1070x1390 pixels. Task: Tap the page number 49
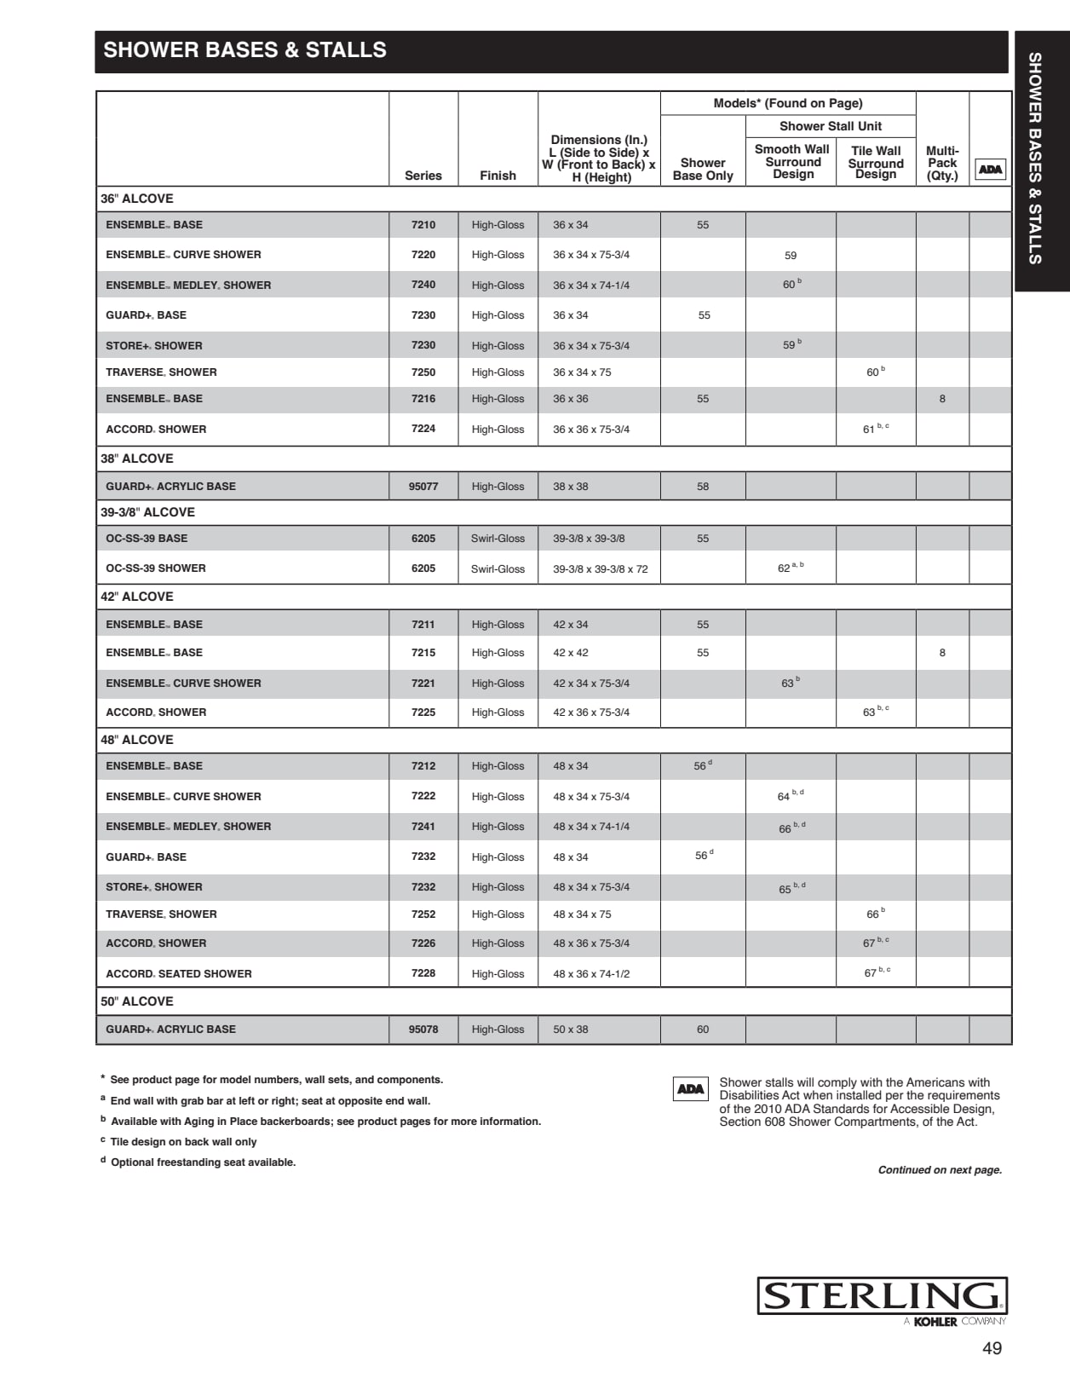tap(992, 1348)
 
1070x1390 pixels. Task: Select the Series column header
tap(423, 176)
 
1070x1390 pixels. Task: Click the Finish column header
tap(498, 176)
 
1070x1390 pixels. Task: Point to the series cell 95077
tap(423, 487)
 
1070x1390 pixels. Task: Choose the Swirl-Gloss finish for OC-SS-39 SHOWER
tap(498, 568)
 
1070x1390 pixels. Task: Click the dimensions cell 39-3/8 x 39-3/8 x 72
tap(600, 568)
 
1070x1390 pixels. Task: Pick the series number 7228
tap(423, 973)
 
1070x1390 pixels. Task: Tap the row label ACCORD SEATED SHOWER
tap(179, 973)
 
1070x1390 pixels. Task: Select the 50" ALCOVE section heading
tap(137, 1001)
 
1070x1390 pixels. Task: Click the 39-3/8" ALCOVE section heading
tap(147, 512)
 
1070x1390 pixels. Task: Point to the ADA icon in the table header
tap(990, 169)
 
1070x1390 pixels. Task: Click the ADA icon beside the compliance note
tap(691, 1089)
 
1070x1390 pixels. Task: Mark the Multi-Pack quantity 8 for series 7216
tap(942, 399)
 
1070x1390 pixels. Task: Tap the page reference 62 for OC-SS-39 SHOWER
tap(785, 568)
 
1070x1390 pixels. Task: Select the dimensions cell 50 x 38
tap(570, 1030)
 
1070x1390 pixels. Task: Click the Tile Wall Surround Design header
tap(876, 162)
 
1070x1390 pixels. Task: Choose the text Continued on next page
tap(940, 1170)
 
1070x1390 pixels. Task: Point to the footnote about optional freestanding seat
tap(203, 1162)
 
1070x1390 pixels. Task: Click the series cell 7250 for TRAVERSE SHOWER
tap(423, 372)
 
